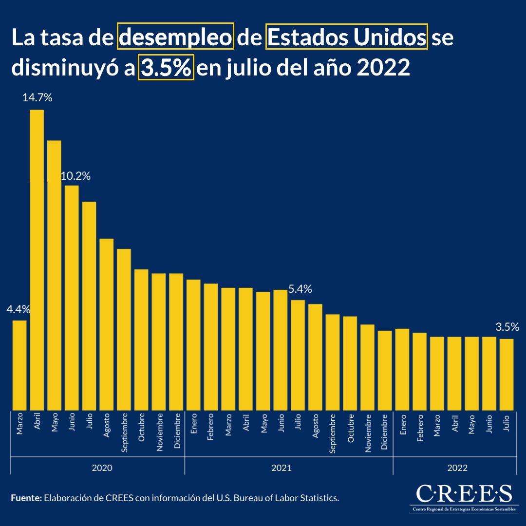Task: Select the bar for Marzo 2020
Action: [x=19, y=365]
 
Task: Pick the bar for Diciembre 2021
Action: [x=385, y=370]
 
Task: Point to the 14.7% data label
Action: [x=38, y=98]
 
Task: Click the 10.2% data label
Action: [x=75, y=176]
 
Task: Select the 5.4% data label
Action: [x=300, y=289]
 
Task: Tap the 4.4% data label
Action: [x=19, y=309]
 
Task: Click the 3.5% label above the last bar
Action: [x=507, y=327]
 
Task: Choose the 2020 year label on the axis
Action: [x=102, y=468]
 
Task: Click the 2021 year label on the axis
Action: [x=282, y=468]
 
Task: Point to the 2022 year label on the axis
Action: [x=457, y=468]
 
